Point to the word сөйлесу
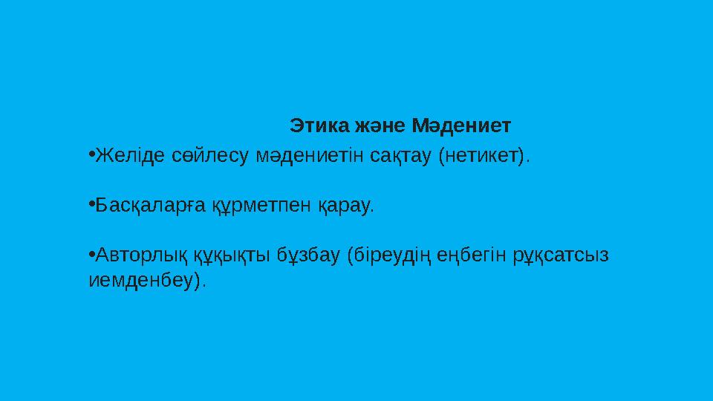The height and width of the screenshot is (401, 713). pos(210,156)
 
